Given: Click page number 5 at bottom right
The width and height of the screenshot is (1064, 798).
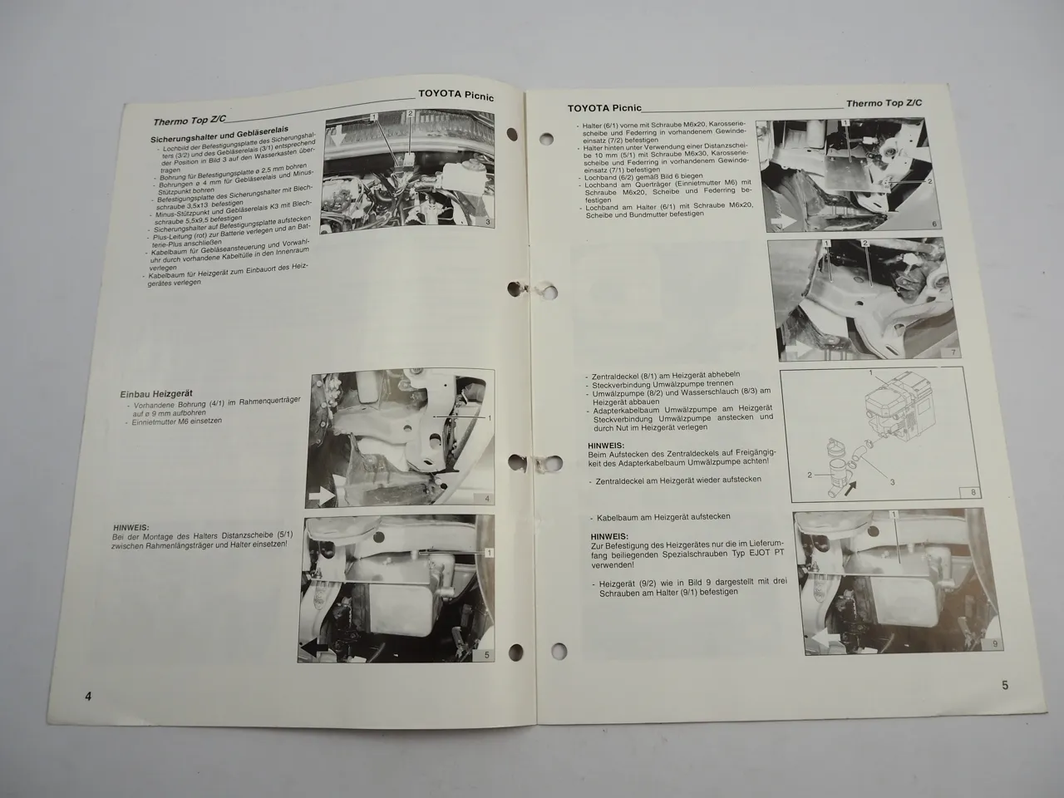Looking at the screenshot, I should (1004, 685).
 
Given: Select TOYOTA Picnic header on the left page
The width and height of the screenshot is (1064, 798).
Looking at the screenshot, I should (456, 96).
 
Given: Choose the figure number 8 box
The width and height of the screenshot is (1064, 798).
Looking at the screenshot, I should (950, 492).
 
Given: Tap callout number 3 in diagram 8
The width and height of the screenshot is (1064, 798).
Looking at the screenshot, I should (892, 482).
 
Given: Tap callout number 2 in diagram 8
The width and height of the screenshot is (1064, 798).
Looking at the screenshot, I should (808, 475).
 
